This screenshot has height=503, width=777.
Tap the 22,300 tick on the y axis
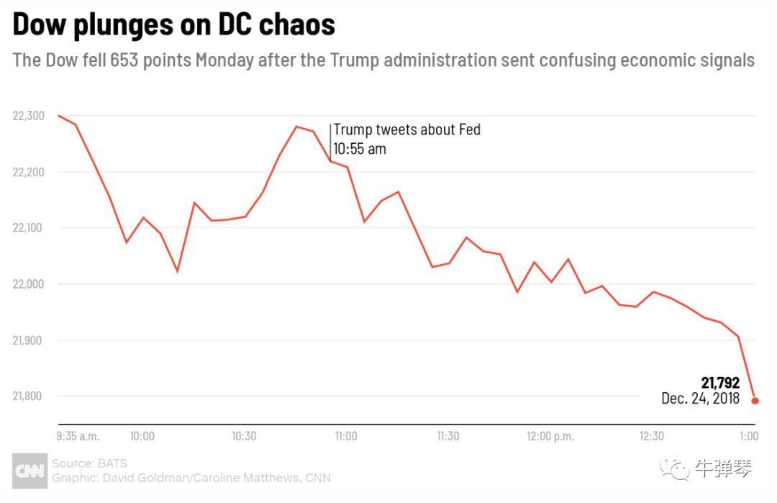29,116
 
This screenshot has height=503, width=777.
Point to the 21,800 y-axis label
29,396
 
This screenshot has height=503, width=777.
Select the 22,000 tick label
29,284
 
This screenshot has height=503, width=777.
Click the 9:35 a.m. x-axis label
78,436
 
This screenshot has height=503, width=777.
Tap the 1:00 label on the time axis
749,436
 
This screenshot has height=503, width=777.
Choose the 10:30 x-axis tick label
244,436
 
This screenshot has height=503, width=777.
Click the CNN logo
29,471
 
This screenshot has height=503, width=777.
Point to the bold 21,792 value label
720,383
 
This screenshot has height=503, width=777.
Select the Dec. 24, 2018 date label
701,398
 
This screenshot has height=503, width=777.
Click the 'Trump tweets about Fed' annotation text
406,130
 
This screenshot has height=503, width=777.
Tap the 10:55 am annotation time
359,149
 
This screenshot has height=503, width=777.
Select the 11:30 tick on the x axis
447,436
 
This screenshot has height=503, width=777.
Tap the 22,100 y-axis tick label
29,228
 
